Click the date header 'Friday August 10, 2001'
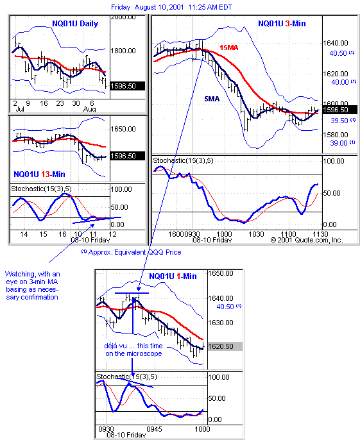tap(148, 7)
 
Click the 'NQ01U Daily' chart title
tap(75, 24)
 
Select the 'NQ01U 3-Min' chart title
tap(282, 24)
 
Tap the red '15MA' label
tap(229, 47)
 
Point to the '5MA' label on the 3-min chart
tap(212, 99)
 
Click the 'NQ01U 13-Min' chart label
tap(39, 174)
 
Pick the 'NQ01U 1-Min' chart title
tap(173, 276)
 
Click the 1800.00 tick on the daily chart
tap(123, 51)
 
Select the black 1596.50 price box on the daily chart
tap(128, 86)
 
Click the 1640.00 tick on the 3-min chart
tap(336, 43)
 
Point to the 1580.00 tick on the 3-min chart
tap(336, 135)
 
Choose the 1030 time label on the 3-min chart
tap(257, 234)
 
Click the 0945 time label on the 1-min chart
tap(154, 429)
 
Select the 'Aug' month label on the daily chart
tap(90, 109)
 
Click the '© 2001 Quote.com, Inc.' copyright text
tap(307, 240)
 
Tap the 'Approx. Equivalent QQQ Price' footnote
tap(135, 252)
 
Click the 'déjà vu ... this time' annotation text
tap(133, 346)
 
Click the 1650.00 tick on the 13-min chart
tap(123, 129)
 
